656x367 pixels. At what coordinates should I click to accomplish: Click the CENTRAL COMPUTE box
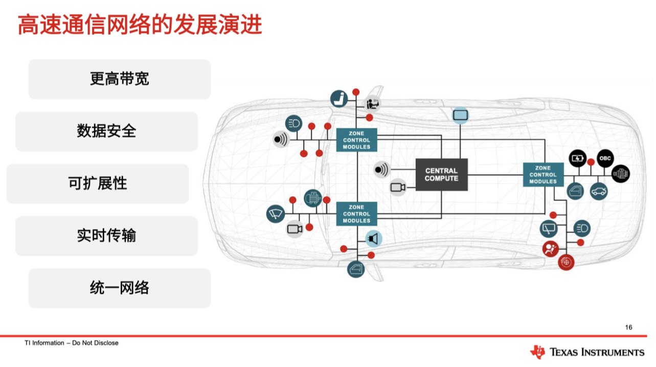click(441, 175)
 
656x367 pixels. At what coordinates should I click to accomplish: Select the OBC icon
click(605, 158)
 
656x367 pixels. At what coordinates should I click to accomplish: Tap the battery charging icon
click(577, 158)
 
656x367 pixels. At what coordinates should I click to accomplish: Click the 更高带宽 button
click(120, 79)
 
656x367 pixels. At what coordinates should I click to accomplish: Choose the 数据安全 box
click(106, 131)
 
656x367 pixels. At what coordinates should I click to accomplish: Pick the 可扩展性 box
click(98, 184)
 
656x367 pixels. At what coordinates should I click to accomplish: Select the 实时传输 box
click(106, 236)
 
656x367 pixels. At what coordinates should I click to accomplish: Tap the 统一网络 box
click(120, 288)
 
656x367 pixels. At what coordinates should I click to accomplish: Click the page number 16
click(628, 327)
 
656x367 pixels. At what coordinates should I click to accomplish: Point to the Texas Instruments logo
click(587, 352)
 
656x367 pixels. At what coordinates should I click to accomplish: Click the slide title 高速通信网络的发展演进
click(140, 25)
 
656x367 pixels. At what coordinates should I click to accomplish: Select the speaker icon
click(374, 239)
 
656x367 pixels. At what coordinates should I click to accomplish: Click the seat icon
click(339, 99)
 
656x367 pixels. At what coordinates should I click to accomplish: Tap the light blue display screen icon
click(460, 116)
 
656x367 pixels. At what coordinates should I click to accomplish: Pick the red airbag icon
click(550, 249)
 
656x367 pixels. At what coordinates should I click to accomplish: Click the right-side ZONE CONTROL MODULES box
click(543, 175)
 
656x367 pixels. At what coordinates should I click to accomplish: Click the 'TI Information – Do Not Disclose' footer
click(72, 342)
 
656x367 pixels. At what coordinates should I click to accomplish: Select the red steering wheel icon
click(566, 262)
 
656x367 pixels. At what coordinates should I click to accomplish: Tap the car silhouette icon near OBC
click(599, 192)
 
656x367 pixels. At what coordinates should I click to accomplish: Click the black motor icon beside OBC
click(621, 174)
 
